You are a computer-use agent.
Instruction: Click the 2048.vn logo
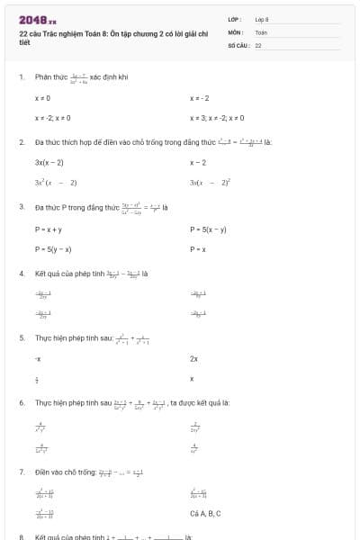pyautogui.click(x=37, y=18)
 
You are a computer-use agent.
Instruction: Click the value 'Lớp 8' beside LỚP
pyautogui.click(x=262, y=19)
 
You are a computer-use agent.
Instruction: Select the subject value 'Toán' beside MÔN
pyautogui.click(x=261, y=31)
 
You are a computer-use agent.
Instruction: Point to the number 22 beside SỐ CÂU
pyautogui.click(x=258, y=44)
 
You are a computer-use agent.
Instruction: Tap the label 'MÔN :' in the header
pyautogui.click(x=236, y=31)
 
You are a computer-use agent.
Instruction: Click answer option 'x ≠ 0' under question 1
pyautogui.click(x=42, y=98)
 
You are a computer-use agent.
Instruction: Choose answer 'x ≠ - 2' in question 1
pyautogui.click(x=200, y=98)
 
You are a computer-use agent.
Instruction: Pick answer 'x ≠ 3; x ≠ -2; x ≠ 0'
pyautogui.click(x=216, y=118)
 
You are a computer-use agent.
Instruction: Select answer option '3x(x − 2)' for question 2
pyautogui.click(x=49, y=163)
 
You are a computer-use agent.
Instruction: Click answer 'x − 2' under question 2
pyautogui.click(x=198, y=163)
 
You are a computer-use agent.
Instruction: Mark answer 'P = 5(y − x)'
pyautogui.click(x=53, y=248)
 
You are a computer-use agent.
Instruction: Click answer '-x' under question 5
pyautogui.click(x=38, y=358)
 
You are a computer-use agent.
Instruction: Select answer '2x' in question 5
pyautogui.click(x=193, y=358)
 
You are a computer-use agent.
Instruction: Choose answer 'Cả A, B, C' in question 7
pyautogui.click(x=205, y=513)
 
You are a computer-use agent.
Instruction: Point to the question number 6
pyautogui.click(x=22, y=402)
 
